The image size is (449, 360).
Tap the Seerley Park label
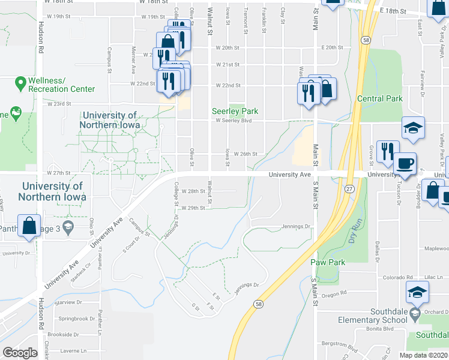click(x=235, y=111)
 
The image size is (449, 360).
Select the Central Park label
click(x=379, y=98)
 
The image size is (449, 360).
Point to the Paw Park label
click(x=328, y=262)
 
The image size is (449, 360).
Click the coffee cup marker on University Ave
click(x=403, y=162)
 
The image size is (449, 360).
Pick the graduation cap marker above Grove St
click(x=413, y=128)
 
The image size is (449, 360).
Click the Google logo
click(x=20, y=352)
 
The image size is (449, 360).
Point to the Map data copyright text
click(x=423, y=355)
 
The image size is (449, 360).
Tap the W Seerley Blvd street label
click(x=234, y=121)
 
